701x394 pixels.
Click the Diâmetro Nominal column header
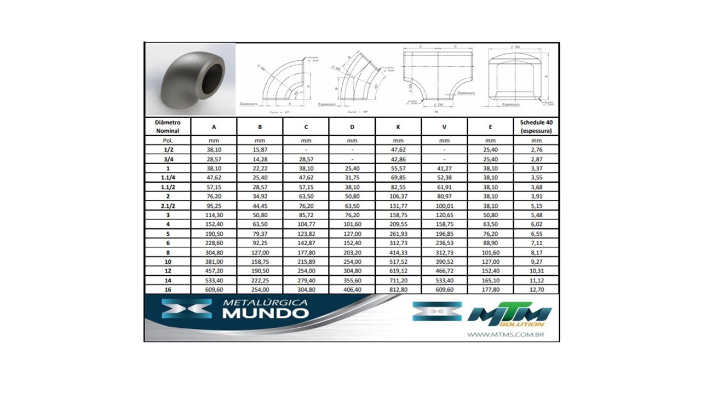[x=168, y=126]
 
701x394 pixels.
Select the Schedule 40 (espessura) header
[x=536, y=126]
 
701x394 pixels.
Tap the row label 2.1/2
[x=168, y=206]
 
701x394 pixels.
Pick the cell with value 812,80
[x=398, y=289]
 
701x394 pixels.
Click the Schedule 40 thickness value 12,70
[x=536, y=289]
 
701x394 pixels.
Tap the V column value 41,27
[x=444, y=169]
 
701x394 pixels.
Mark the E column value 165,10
[x=490, y=280]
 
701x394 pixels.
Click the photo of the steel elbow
[x=190, y=79]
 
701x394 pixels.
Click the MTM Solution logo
[x=509, y=316]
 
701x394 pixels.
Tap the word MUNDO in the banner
[x=266, y=314]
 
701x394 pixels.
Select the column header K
[x=398, y=126]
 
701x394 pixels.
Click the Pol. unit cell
[x=168, y=141]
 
